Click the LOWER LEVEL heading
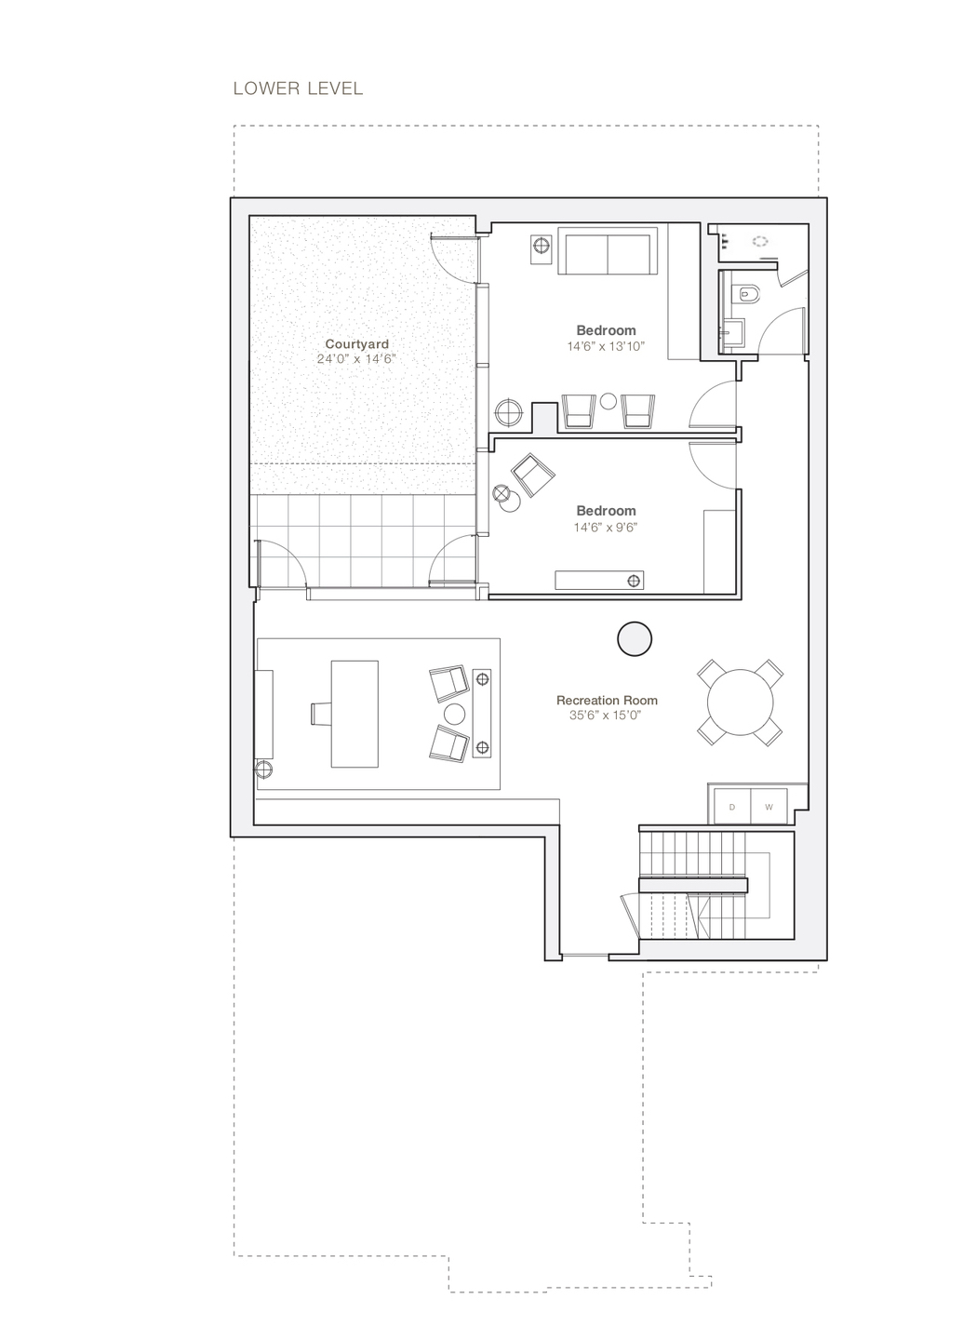[298, 88]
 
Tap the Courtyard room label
[356, 344]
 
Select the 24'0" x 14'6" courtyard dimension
[356, 359]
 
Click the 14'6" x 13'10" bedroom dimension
[606, 346]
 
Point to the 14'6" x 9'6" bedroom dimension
[606, 527]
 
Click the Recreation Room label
[607, 700]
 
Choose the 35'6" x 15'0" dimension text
[607, 716]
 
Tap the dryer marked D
[731, 807]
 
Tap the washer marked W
[769, 807]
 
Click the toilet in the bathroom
[746, 295]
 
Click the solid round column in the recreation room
[635, 638]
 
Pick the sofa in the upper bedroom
[607, 254]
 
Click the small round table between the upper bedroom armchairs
[609, 402]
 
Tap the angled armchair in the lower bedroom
[533, 475]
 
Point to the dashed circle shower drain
[761, 240]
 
